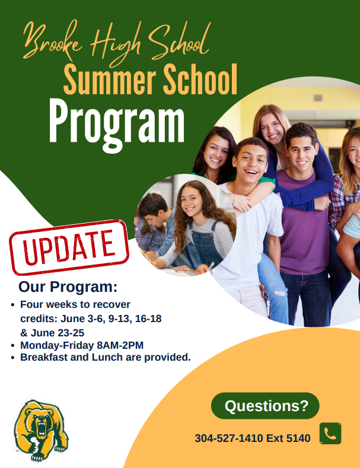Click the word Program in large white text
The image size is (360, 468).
tap(117, 125)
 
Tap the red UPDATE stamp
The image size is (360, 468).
tap(69, 247)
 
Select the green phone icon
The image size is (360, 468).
tap(330, 433)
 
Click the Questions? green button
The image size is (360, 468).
tap(265, 406)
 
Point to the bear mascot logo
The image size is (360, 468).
tap(40, 430)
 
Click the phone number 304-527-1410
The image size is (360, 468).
tap(229, 438)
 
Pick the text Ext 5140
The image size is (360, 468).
tap(288, 438)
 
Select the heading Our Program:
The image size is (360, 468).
tap(68, 287)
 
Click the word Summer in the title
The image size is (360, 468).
tap(110, 79)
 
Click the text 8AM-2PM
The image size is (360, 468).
tap(120, 345)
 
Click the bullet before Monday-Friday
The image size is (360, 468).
tap(12, 346)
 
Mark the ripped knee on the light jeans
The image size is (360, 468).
tap(279, 294)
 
